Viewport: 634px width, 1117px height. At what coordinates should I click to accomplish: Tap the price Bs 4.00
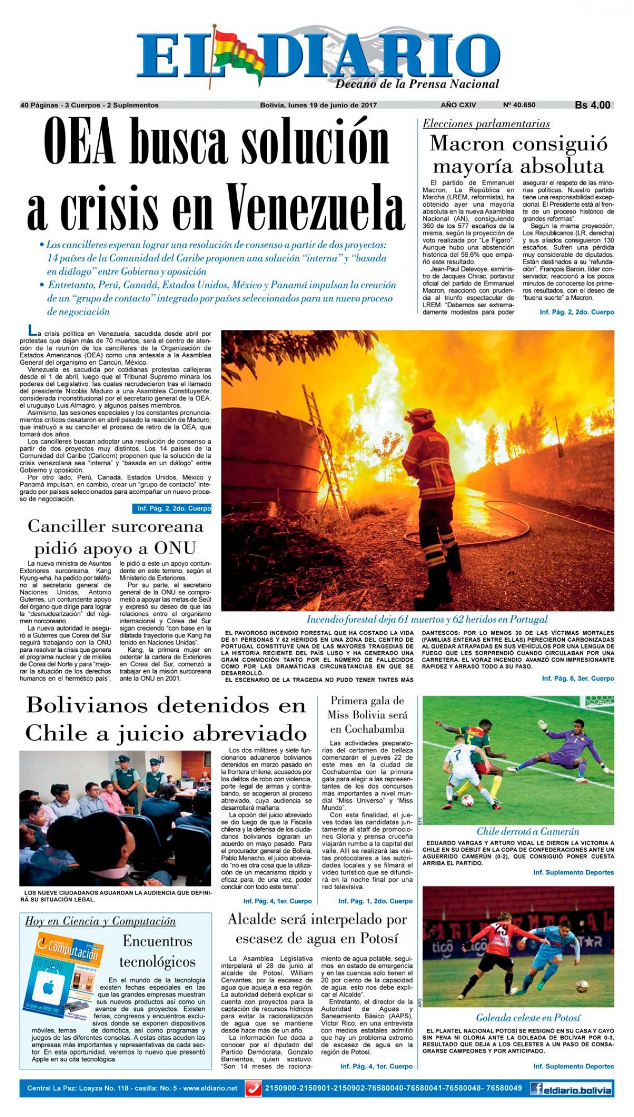tap(592, 105)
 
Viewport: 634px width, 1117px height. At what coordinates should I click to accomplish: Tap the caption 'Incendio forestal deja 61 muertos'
tap(427, 619)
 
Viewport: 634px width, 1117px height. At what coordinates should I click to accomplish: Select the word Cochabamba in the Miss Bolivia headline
tap(367, 729)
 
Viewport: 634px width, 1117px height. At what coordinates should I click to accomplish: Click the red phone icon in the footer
tap(255, 1088)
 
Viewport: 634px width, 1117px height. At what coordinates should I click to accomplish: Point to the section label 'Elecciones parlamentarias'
tap(486, 124)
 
